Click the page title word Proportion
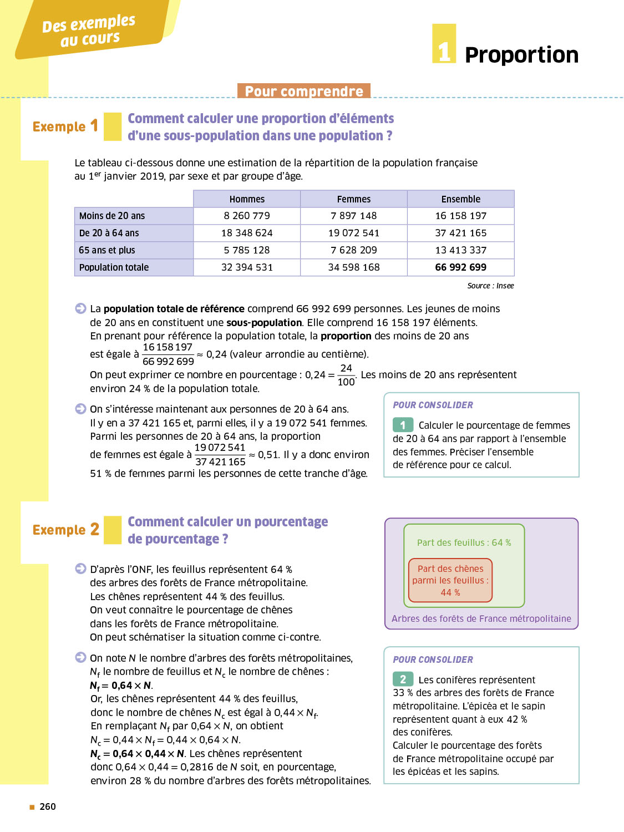(x=521, y=55)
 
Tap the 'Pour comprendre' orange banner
(x=304, y=91)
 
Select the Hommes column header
(x=247, y=199)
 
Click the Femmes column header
(x=354, y=199)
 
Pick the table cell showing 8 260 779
(x=247, y=216)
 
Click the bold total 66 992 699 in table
(x=460, y=267)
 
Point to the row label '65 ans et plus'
(x=107, y=250)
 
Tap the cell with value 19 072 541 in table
(x=354, y=233)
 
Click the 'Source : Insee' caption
(x=490, y=286)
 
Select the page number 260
(x=48, y=806)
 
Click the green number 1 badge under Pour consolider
(x=403, y=425)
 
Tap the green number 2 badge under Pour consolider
(x=403, y=679)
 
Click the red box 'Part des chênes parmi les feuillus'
(x=450, y=580)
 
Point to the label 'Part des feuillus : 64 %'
(x=464, y=542)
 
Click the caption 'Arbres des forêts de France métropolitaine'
(x=481, y=618)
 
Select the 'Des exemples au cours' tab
(x=89, y=31)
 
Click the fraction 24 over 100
(x=346, y=375)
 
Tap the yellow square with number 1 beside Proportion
(x=444, y=44)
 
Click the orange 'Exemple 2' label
(x=65, y=530)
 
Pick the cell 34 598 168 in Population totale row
(x=354, y=267)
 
